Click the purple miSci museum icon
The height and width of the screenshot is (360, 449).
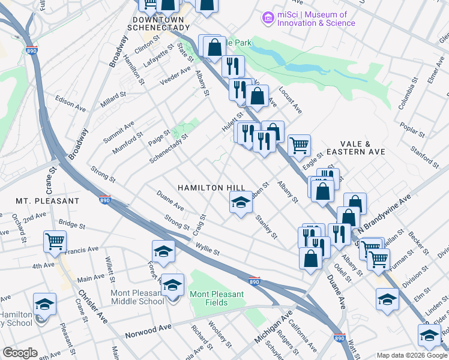[267, 19]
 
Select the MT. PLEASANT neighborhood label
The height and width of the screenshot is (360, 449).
[47, 200]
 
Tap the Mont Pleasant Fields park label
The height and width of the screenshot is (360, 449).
[217, 298]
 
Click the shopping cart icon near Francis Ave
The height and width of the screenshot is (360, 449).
[55, 241]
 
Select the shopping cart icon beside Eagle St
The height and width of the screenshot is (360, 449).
[298, 145]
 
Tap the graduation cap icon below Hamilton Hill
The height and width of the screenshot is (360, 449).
[241, 203]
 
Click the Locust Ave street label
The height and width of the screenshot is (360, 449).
[291, 102]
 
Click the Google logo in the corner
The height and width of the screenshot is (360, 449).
[20, 353]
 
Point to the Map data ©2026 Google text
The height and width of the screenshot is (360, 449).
[412, 355]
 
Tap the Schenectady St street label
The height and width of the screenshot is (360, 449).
[169, 145]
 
